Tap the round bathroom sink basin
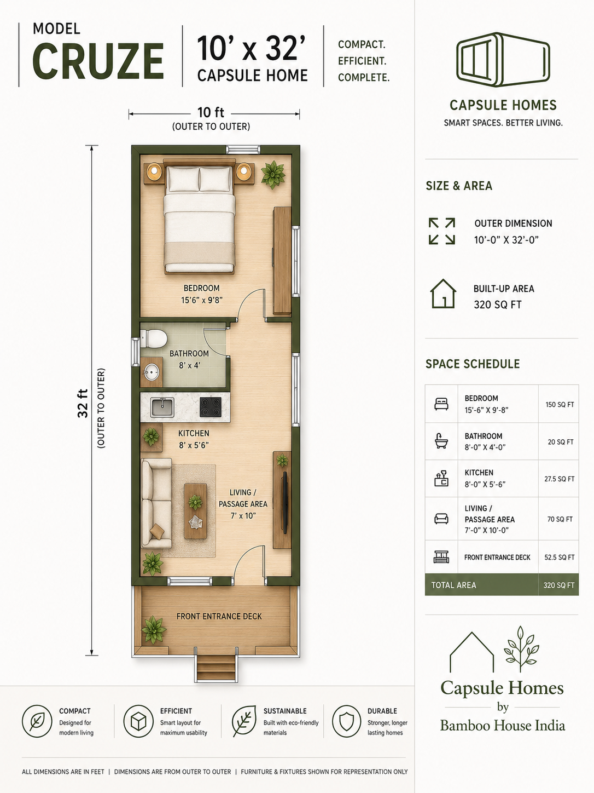tap(152, 372)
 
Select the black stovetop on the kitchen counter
tap(211, 407)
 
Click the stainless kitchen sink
tap(162, 407)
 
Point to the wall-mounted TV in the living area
tap(285, 502)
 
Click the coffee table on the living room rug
tap(195, 511)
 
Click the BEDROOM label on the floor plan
tap(201, 288)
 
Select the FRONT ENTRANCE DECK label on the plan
tap(219, 616)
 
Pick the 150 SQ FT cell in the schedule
tap(560, 405)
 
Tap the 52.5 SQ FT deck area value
tap(560, 558)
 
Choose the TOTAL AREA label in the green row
tap(454, 585)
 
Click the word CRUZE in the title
tap(98, 61)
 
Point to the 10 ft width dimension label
tap(211, 112)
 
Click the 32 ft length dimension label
tap(83, 403)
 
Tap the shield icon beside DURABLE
tap(346, 721)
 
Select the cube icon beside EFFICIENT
tap(138, 721)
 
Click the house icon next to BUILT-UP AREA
tap(443, 294)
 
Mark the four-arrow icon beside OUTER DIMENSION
tap(442, 231)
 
